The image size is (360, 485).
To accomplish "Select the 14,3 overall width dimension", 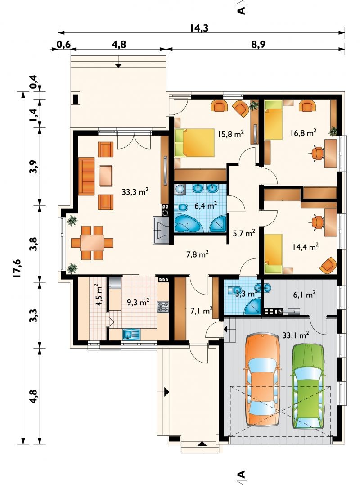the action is tap(199, 28).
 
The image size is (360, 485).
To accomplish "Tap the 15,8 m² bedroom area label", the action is tap(231, 134).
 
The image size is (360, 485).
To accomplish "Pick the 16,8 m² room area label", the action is tap(303, 133).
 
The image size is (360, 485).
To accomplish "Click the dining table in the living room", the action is tap(92, 242).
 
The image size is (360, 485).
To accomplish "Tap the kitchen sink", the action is tap(131, 334).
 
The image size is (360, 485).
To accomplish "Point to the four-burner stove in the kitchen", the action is tap(163, 307).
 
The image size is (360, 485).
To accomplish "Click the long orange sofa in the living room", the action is tap(86, 176).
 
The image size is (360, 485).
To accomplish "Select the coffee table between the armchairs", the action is tap(106, 176).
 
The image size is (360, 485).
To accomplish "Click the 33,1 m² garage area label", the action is tap(296, 335).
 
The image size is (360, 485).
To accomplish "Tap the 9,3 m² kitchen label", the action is tap(139, 302).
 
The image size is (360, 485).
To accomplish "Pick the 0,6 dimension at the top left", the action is tap(63, 45).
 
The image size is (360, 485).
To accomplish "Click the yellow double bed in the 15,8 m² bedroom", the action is tap(195, 143).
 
